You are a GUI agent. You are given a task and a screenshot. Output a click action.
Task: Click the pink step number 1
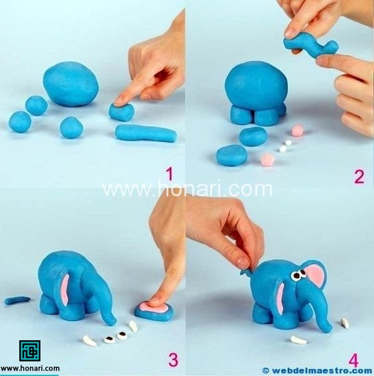[170, 174]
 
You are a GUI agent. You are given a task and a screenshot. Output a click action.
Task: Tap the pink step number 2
[359, 177]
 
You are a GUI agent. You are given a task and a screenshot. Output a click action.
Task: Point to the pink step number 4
[353, 360]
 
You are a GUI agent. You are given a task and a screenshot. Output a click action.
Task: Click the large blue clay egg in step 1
[71, 84]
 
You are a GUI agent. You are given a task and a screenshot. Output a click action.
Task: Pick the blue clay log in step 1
[146, 133]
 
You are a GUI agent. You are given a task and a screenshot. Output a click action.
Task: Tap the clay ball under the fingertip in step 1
[121, 111]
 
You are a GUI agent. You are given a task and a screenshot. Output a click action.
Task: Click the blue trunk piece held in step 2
[311, 47]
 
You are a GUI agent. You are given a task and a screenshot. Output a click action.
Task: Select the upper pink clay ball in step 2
[298, 130]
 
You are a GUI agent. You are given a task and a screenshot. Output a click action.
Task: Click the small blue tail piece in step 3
[17, 300]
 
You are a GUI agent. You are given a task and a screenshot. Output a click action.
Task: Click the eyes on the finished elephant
[298, 275]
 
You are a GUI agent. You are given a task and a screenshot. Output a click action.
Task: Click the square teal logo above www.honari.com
[30, 350]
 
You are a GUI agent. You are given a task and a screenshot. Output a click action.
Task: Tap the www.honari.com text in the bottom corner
[31, 367]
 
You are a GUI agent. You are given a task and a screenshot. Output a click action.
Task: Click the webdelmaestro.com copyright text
[318, 371]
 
